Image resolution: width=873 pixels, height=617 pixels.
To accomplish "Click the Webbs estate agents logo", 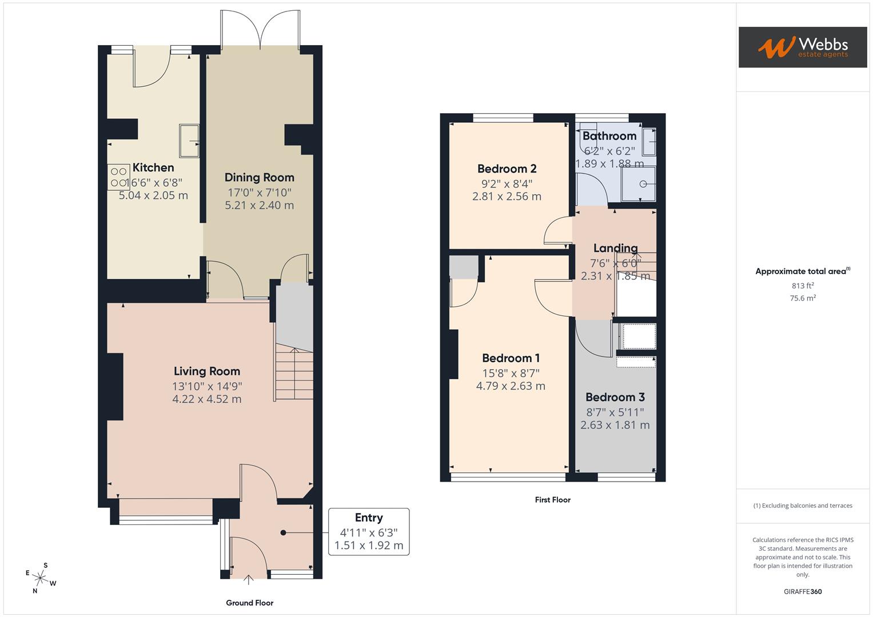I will (x=802, y=47).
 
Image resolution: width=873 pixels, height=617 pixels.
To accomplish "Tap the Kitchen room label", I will (x=153, y=167).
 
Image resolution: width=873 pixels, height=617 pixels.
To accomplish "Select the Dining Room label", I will (x=259, y=178).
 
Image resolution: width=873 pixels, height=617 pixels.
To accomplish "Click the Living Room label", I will (x=206, y=371).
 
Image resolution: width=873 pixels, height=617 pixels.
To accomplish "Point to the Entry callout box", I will (x=369, y=531).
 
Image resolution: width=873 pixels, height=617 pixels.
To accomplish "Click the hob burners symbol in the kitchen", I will (x=118, y=177).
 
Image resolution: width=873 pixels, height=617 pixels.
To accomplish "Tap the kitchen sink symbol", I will (x=189, y=141).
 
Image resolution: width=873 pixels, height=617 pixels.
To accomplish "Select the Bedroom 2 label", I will (x=507, y=169).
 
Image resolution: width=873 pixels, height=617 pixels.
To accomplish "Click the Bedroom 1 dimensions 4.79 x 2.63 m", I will (x=511, y=386).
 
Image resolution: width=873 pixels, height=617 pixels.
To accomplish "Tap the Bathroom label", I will (x=609, y=136).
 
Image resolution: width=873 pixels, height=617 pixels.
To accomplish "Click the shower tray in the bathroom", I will (x=639, y=184).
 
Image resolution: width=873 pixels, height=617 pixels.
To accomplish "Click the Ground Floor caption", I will (x=249, y=603).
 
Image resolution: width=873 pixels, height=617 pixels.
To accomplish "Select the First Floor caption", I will (x=552, y=500).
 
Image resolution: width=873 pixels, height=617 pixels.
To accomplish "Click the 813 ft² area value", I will (x=803, y=286).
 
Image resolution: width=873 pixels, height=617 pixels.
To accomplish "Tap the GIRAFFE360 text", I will (x=803, y=591).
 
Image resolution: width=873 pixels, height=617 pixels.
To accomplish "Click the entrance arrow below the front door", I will (x=249, y=580).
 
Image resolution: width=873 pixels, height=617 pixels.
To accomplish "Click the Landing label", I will (x=615, y=248).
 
